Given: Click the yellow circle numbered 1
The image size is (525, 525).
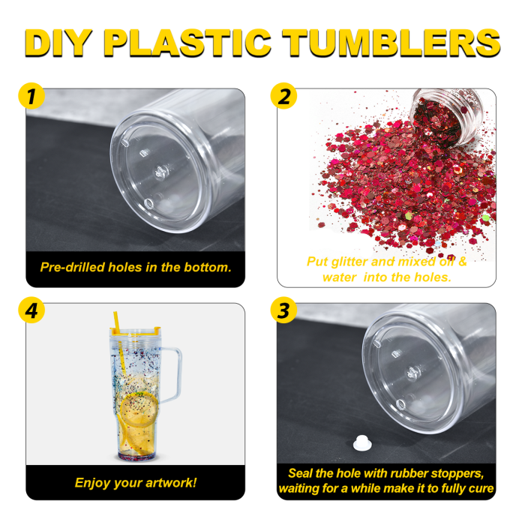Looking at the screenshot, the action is pos(31,96).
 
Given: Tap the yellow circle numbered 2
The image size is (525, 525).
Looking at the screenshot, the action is pos(284,96).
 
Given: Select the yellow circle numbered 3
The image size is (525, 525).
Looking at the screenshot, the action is pos(284,310).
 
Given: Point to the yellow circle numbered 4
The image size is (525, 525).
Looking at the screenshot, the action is pos(31,310).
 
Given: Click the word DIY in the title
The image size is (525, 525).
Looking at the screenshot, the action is pos(58,43).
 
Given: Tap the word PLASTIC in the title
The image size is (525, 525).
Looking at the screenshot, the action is pos(187,43).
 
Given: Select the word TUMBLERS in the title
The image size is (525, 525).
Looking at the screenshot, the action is pos(391,43).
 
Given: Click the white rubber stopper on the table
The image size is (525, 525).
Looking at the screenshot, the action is pos(362,442).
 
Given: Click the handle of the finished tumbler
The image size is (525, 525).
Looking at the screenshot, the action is pos(172,374).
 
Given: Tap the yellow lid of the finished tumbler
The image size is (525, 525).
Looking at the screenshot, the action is pos(135,331).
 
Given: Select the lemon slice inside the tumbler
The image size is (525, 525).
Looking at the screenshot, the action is pos(138,409).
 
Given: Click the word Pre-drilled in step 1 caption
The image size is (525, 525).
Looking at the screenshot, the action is pos(72,267).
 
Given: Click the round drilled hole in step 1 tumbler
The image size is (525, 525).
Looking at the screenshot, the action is pos(148,203).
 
